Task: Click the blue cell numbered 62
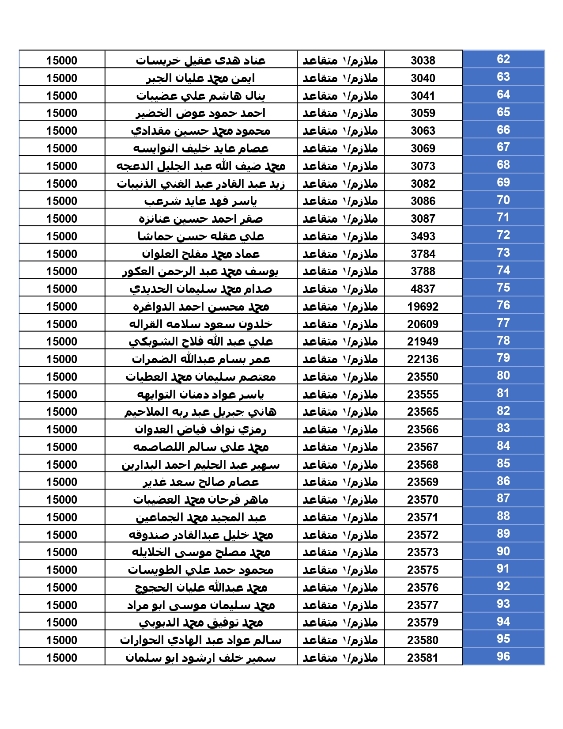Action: [503, 59]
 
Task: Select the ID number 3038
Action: [423, 61]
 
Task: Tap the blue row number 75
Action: [503, 288]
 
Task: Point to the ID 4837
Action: [423, 289]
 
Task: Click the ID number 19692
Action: [423, 307]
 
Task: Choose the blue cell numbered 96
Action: [503, 657]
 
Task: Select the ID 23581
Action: [423, 658]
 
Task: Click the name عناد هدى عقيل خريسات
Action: [200, 61]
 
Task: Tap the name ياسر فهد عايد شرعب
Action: [200, 201]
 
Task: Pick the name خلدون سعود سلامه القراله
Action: [200, 324]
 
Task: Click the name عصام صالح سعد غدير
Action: [200, 482]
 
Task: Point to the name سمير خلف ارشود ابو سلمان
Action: [200, 658]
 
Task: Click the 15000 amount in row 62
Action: [62, 61]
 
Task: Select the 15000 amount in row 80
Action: [62, 377]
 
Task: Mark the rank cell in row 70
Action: [340, 201]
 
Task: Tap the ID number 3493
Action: [423, 236]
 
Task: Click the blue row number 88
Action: [503, 516]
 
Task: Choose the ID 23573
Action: [423, 552]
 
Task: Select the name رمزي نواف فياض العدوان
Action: [200, 429]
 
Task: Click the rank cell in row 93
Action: [340, 605]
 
